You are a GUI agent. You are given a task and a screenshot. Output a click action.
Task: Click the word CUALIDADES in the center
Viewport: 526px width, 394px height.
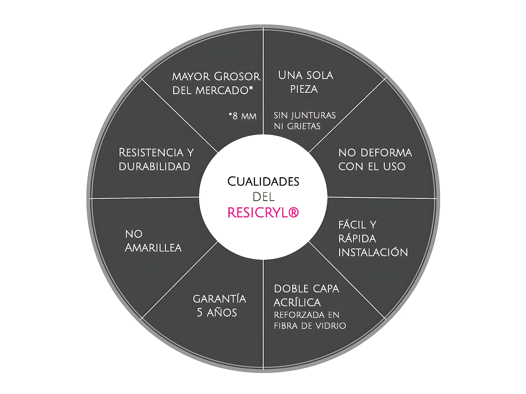(263, 181)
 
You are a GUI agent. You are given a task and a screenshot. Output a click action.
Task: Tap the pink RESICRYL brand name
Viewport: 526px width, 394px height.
(258, 213)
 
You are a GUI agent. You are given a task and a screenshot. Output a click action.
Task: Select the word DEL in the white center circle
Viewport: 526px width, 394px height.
(263, 197)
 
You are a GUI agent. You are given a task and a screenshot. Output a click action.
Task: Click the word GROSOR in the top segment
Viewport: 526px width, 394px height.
(237, 76)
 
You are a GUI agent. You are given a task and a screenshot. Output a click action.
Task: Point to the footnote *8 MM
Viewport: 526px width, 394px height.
(242, 116)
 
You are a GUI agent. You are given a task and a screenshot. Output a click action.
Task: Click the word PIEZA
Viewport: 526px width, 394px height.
(304, 89)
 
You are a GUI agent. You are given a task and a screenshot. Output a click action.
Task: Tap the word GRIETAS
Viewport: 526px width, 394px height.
(304, 126)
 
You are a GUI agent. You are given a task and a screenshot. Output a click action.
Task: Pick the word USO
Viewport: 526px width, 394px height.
(394, 166)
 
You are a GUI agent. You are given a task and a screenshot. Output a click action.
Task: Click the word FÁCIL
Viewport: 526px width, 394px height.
(352, 224)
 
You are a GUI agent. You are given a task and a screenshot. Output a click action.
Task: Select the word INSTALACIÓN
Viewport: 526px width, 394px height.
(373, 252)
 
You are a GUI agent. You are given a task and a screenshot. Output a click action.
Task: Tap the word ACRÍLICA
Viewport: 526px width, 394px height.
(297, 302)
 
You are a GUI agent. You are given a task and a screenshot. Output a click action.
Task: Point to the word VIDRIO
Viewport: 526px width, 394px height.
(330, 326)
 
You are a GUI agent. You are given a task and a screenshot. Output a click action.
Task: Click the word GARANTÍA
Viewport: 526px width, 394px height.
(220, 299)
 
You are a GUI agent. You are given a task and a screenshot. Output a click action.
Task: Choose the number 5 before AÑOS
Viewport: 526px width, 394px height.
(200, 312)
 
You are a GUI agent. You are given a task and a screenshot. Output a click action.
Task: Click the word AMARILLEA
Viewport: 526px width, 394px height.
(153, 248)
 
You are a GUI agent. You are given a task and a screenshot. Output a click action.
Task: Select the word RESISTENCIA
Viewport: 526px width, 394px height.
(151, 153)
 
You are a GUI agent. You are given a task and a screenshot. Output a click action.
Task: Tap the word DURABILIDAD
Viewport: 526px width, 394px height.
(154, 166)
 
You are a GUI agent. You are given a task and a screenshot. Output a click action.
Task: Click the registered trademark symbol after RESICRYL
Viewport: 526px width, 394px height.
(294, 212)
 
